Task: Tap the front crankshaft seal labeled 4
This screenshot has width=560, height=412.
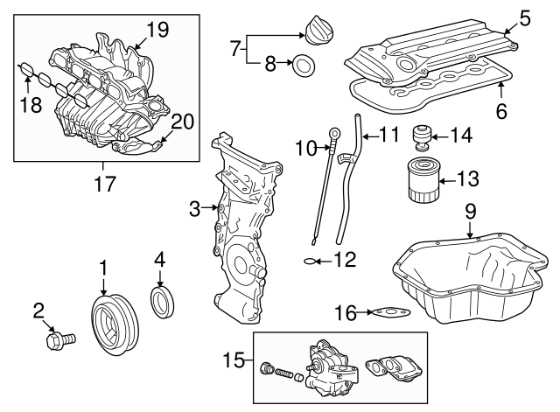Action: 164,302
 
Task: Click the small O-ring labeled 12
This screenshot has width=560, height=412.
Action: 311,261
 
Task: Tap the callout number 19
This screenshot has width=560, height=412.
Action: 157,30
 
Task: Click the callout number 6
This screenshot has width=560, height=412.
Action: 500,112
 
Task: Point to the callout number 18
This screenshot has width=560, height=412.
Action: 29,105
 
